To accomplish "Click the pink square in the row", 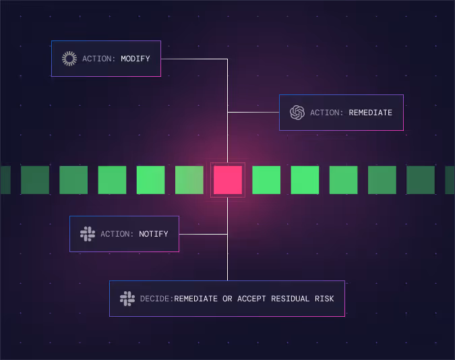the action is tap(228, 180).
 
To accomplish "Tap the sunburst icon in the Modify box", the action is tap(69, 59).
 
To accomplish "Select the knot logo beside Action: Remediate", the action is tap(297, 113).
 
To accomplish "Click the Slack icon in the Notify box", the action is tap(88, 234).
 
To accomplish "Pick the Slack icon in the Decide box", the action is tap(127, 299).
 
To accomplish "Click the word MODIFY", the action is tap(135, 59).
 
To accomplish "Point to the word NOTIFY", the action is tap(154, 234).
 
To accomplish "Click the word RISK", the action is tap(323, 299).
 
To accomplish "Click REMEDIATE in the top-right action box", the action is tap(370, 113).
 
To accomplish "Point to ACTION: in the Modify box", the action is tap(99, 59).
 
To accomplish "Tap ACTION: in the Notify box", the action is tap(117, 234).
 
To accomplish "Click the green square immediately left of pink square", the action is tap(189, 180).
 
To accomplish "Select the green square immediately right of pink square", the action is tap(266, 180).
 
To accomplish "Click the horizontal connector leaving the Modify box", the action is tap(193, 59).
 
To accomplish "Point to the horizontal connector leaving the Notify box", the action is tap(202, 234).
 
